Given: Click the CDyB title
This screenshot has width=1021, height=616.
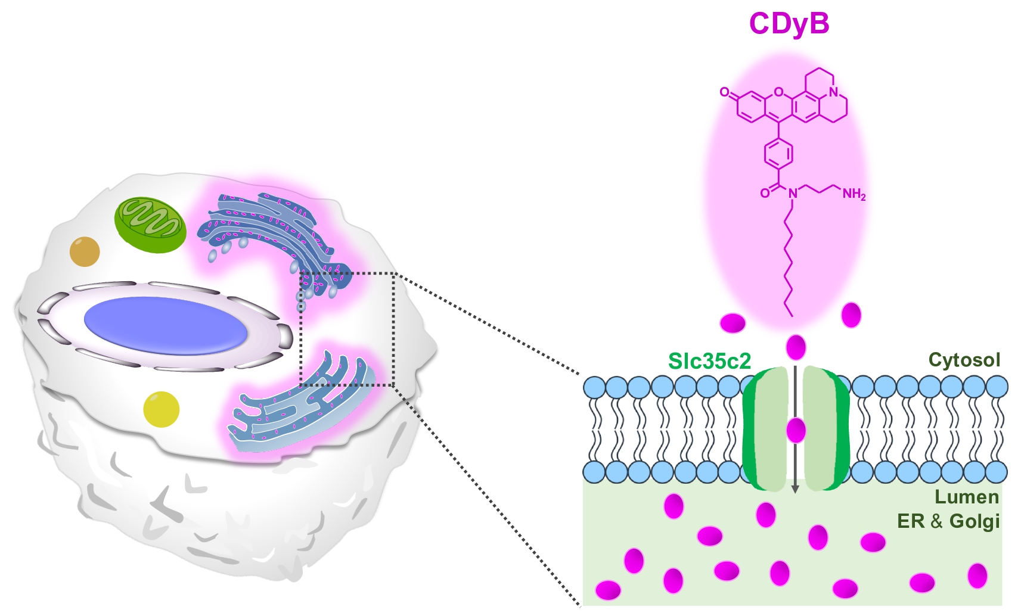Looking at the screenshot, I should click(789, 24).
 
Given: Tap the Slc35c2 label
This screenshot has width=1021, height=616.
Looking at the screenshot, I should click(709, 361).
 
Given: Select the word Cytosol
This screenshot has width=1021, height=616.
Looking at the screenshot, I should click(964, 360).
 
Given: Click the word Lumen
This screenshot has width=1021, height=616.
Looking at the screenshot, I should click(966, 497).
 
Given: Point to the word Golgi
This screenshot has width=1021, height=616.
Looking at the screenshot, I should click(974, 521).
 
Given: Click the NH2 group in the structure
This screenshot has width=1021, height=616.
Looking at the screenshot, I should click(853, 194).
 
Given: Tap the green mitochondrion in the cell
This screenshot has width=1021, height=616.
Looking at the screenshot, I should click(150, 225).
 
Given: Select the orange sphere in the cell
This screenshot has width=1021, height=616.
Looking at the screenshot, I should click(85, 251).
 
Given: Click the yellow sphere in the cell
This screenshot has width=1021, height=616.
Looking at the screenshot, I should click(161, 409).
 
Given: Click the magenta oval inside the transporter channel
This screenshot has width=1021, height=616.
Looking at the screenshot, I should click(796, 430).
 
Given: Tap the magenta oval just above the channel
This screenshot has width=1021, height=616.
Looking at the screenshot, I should click(796, 347).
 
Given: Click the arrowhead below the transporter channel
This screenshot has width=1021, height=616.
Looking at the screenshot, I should click(795, 489).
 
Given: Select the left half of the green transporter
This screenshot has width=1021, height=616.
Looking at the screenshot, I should click(766, 429).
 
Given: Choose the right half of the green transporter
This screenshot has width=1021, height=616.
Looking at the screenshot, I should click(825, 429).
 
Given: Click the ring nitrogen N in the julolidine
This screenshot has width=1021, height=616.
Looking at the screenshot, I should click(833, 92).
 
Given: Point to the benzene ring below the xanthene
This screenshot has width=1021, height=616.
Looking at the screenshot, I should click(778, 154).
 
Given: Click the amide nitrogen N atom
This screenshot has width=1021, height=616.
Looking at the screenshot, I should click(792, 193).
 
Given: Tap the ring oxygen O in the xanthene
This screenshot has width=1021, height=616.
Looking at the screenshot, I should click(778, 92).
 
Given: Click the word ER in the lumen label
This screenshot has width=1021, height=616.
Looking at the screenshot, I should click(910, 521).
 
